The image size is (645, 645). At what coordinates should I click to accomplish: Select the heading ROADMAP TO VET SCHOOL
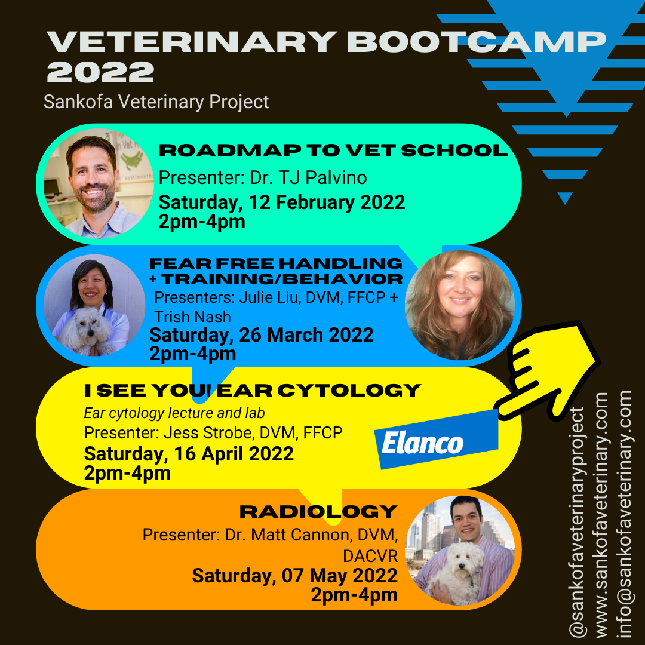point(333,150)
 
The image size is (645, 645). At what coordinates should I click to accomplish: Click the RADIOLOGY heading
point(318,512)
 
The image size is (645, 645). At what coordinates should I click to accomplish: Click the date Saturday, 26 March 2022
point(262,335)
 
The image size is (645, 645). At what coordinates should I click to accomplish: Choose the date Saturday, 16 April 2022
point(189,454)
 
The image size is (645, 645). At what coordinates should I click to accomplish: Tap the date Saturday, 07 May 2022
point(294,576)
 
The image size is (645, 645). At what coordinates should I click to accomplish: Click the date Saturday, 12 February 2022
point(281,202)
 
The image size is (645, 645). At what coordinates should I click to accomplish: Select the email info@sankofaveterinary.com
point(625,514)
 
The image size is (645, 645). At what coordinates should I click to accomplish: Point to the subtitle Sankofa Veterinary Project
point(156,102)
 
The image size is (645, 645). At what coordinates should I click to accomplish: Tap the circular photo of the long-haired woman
point(459,305)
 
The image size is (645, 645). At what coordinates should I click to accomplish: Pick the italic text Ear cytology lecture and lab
point(174,413)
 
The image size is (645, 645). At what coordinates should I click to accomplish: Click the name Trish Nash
point(192,316)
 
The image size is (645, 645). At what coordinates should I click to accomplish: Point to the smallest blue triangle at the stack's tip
point(564,198)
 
